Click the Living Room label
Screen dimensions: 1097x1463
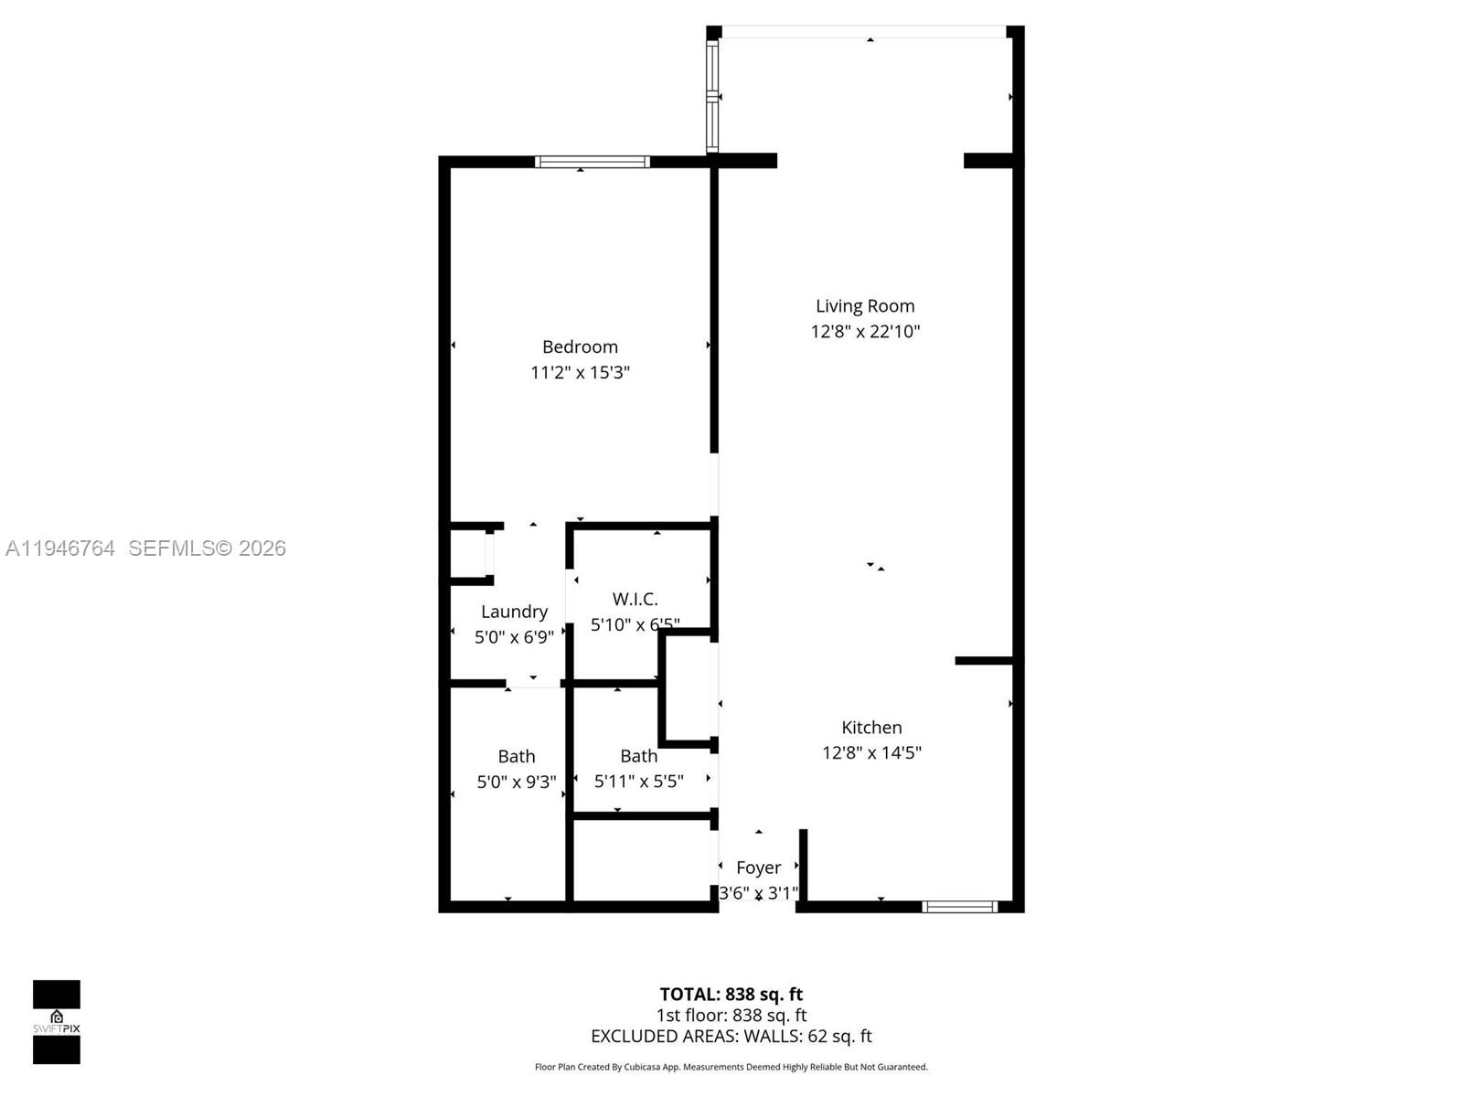coord(864,306)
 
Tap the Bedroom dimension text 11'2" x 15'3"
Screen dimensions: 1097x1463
coord(580,372)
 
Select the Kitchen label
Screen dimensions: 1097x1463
coord(871,728)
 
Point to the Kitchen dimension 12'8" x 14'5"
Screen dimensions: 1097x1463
coord(871,752)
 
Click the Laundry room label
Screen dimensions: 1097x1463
coord(514,612)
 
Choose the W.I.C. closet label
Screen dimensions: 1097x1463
coord(635,599)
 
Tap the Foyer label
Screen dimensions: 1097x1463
coord(758,868)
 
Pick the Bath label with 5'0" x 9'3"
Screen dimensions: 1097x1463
coord(516,756)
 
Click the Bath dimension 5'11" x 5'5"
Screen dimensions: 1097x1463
coord(638,782)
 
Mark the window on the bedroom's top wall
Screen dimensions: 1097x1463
coord(593,162)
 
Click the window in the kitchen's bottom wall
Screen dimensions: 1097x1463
coord(959,907)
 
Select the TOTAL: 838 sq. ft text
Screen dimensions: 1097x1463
coord(731,994)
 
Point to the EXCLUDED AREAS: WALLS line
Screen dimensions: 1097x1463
coord(731,1036)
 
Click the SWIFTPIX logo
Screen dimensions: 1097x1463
coord(57,1021)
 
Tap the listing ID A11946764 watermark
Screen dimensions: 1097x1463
coord(60,548)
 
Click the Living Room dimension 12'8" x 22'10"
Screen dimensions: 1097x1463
coord(864,331)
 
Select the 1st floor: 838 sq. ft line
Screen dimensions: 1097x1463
coord(731,1015)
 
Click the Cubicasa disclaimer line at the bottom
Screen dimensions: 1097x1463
coord(731,1067)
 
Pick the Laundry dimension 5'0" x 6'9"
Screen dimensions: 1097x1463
coord(514,637)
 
